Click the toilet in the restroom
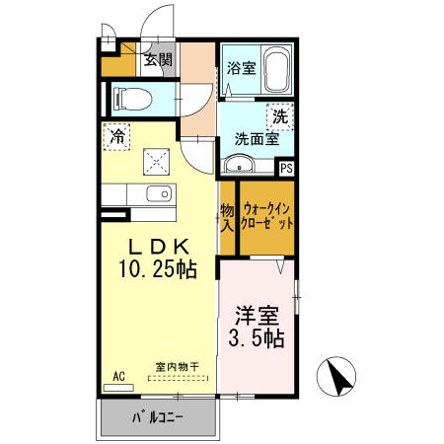click(132, 99)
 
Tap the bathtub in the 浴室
click(277, 70)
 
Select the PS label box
click(286, 169)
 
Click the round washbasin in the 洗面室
click(239, 164)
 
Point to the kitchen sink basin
click(159, 193)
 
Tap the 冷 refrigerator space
click(116, 136)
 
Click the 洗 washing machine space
click(280, 116)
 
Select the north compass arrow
click(339, 378)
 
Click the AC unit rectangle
click(118, 388)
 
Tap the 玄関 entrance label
click(158, 60)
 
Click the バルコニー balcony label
click(158, 417)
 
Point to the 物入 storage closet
click(227, 218)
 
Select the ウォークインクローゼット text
click(266, 216)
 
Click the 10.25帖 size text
click(158, 269)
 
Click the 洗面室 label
click(257, 139)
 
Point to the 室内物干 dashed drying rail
click(178, 378)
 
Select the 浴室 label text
click(241, 68)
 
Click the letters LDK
click(158, 247)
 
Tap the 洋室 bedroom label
click(257, 316)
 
